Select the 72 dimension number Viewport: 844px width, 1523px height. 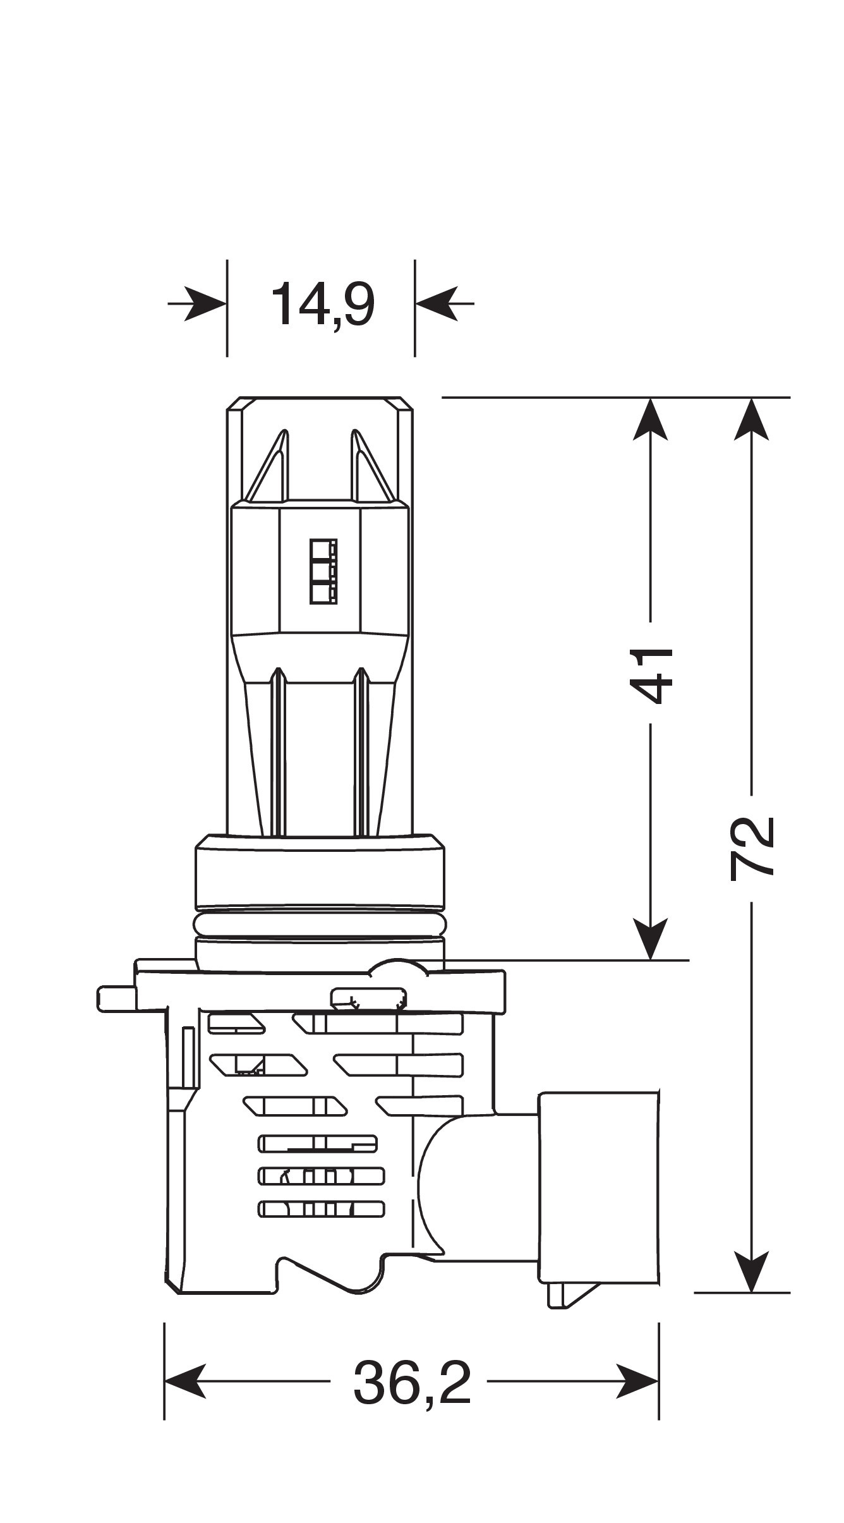pyautogui.click(x=751, y=848)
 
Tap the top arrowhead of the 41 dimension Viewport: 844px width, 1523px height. pyautogui.click(x=651, y=420)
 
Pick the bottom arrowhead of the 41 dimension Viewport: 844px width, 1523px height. pyautogui.click(x=651, y=938)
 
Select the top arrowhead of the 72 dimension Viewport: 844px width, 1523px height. pyautogui.click(x=751, y=420)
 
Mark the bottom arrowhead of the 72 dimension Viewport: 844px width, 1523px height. pyautogui.click(x=751, y=1270)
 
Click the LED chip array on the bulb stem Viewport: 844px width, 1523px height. pyautogui.click(x=323, y=570)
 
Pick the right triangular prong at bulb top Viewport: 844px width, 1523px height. pyautogui.click(x=370, y=468)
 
